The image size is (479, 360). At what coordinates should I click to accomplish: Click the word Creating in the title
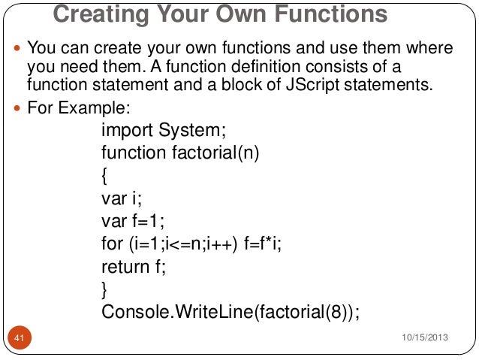point(98,14)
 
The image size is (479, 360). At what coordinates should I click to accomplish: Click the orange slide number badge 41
point(20,339)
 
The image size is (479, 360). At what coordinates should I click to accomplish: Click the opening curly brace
point(104,177)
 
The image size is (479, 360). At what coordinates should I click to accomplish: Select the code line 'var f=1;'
point(132,222)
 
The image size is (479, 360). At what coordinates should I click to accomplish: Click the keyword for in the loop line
point(112,244)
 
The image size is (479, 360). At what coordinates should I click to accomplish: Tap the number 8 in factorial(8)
point(333,311)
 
